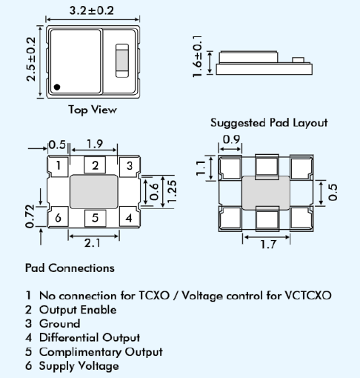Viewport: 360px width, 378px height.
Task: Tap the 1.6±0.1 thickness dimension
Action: point(197,55)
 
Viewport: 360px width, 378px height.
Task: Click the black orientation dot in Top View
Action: point(56,87)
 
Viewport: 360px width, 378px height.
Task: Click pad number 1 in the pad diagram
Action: point(59,165)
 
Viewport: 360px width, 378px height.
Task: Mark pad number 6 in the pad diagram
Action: point(59,217)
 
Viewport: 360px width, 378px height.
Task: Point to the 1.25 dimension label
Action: point(172,191)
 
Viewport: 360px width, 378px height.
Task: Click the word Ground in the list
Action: point(59,323)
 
